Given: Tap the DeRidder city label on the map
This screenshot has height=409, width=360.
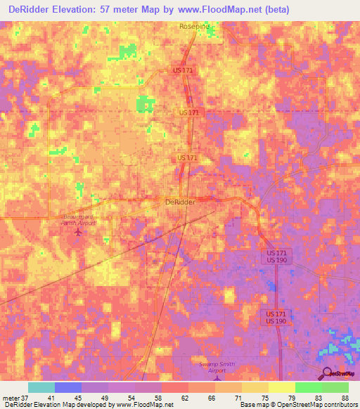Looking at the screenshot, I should (180, 202).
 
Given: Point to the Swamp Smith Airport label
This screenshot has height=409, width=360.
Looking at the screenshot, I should (216, 368).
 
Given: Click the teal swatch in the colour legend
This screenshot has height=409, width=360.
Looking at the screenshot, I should (41, 387).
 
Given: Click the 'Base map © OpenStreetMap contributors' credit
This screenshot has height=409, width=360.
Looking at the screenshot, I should (297, 405).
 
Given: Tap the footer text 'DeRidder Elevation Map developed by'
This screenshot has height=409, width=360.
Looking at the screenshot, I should (59, 405).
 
